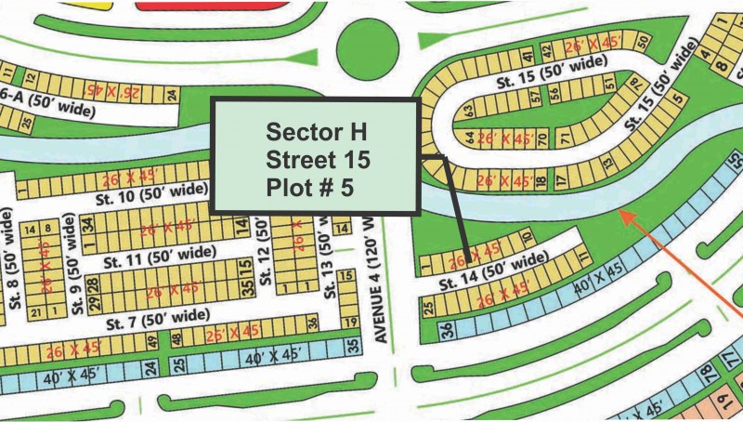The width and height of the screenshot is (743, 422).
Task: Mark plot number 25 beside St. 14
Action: [430, 308]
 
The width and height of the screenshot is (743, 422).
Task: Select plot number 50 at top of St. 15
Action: [642, 39]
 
